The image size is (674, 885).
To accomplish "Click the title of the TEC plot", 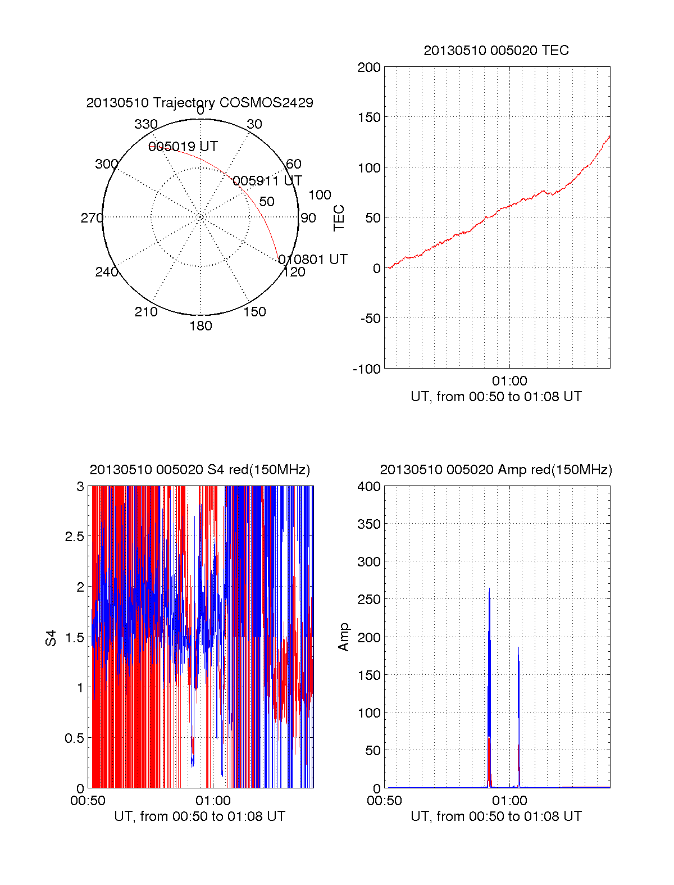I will (496, 51).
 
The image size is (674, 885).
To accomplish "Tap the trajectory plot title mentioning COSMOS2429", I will (199, 103).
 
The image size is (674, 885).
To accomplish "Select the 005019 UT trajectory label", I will (183, 147).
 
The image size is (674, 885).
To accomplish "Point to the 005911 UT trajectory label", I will (267, 181).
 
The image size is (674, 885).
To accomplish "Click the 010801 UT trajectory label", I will (313, 260).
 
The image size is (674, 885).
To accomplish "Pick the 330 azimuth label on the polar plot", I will (146, 124).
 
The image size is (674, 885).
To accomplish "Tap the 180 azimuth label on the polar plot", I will (201, 326).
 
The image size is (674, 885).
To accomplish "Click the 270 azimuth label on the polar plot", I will (92, 218).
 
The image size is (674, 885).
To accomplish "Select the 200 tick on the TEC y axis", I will (369, 67).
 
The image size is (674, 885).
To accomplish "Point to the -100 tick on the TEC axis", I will (367, 369).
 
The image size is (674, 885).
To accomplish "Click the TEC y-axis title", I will (339, 218).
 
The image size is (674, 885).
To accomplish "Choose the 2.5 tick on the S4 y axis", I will (75, 537).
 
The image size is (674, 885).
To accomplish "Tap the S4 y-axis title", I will (52, 638).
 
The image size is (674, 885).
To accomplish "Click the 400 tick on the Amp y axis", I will (369, 487).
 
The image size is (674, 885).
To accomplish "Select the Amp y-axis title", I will (344, 637).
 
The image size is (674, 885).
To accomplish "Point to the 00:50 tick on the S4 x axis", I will (88, 801).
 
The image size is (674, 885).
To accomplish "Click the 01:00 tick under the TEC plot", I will (509, 381).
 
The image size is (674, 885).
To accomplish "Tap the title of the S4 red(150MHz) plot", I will (199, 470).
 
